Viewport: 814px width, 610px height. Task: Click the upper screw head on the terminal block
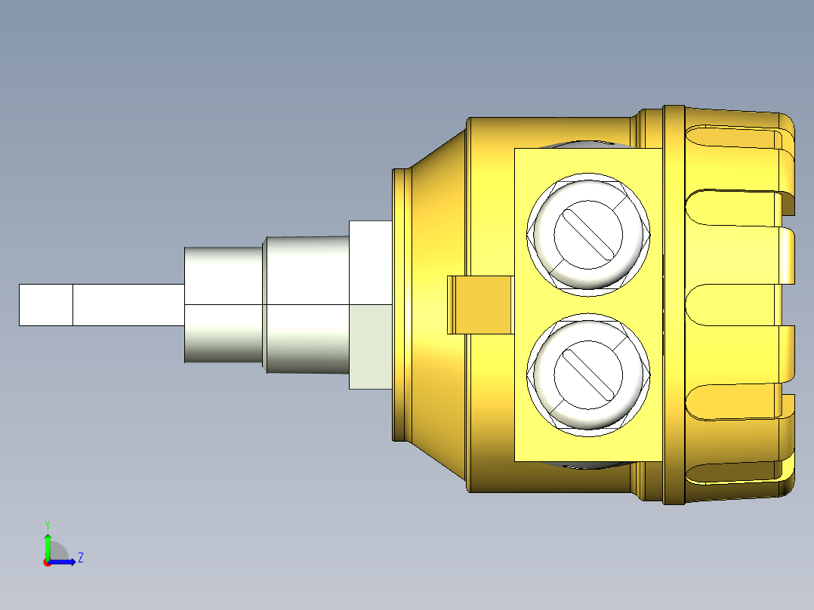(x=588, y=232)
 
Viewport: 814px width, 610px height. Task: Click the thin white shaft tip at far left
(x=45, y=304)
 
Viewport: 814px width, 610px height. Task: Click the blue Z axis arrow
(x=64, y=562)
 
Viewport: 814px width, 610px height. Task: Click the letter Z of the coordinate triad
(x=80, y=558)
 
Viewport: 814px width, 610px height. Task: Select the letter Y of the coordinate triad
(x=47, y=524)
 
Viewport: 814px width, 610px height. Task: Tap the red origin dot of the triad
(x=47, y=562)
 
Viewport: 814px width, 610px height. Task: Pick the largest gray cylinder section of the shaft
(x=224, y=304)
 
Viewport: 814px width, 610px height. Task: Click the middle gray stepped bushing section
(x=306, y=304)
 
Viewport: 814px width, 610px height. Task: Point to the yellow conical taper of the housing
(x=438, y=226)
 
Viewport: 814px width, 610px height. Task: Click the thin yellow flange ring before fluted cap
(x=674, y=304)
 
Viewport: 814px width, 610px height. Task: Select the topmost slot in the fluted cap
(x=736, y=139)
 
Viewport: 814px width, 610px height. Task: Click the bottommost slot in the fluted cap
(x=736, y=472)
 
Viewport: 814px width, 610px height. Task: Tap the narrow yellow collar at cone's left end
(x=400, y=304)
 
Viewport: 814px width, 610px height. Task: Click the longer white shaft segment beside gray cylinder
(x=128, y=304)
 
